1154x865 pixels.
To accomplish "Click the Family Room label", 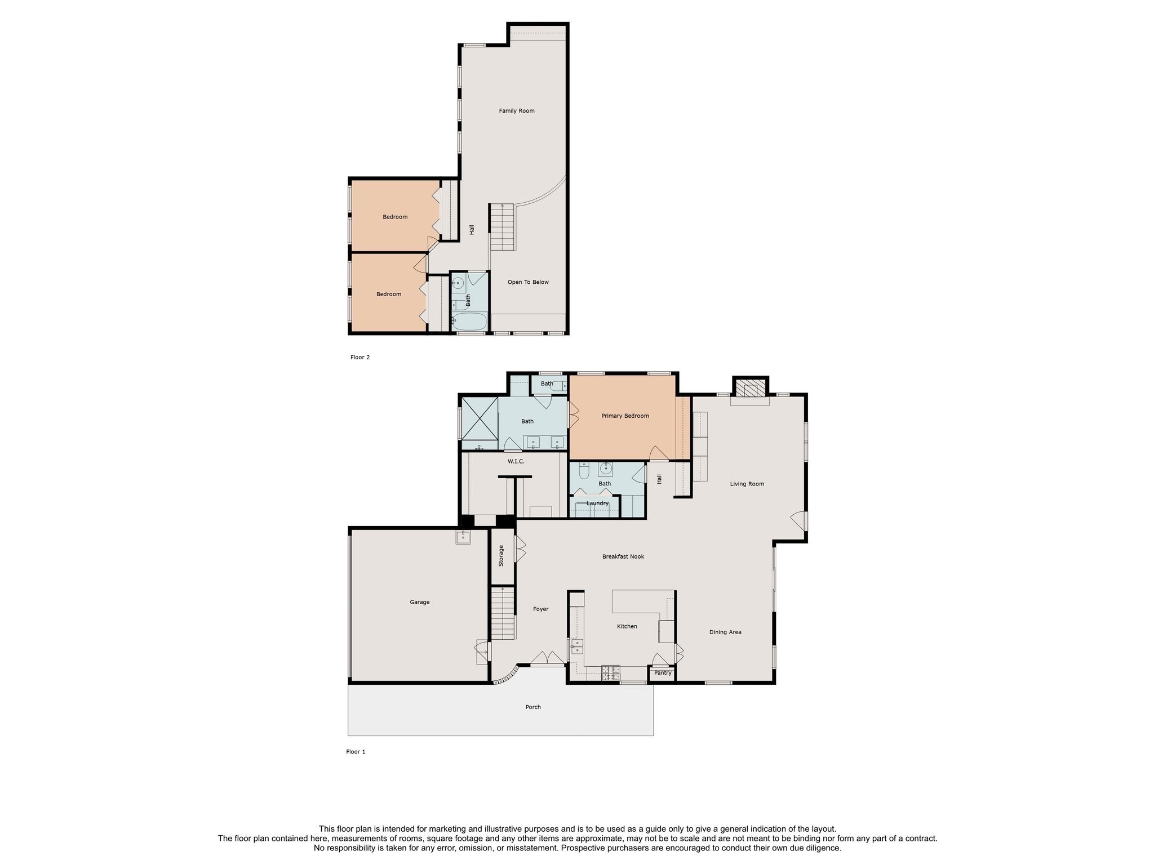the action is tap(517, 111).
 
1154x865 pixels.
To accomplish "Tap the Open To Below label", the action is tap(528, 282).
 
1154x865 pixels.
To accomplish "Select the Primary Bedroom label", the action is tap(625, 416).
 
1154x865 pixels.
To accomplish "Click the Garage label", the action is tap(420, 603).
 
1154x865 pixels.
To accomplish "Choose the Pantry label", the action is tap(663, 673).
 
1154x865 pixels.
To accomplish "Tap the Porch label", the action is tap(533, 707).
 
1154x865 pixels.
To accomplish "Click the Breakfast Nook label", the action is tap(623, 557).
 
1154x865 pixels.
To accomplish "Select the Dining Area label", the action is tap(725, 632).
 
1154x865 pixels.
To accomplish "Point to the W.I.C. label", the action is tap(516, 462).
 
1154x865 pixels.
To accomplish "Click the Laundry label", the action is tap(597, 503).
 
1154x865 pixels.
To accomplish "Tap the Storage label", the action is tap(501, 556).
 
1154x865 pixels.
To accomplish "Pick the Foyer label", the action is tap(541, 609).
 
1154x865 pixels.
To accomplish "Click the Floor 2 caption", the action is tap(360, 358).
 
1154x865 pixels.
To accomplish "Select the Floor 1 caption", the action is tap(356, 752).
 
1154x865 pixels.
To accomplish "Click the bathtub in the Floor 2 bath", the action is tap(469, 322).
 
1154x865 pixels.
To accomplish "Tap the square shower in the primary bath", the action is tap(480, 418).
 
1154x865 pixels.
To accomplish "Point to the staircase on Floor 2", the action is tap(502, 227).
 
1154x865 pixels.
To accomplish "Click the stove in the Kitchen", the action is tap(611, 670).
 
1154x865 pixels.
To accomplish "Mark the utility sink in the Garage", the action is tap(463, 537).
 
